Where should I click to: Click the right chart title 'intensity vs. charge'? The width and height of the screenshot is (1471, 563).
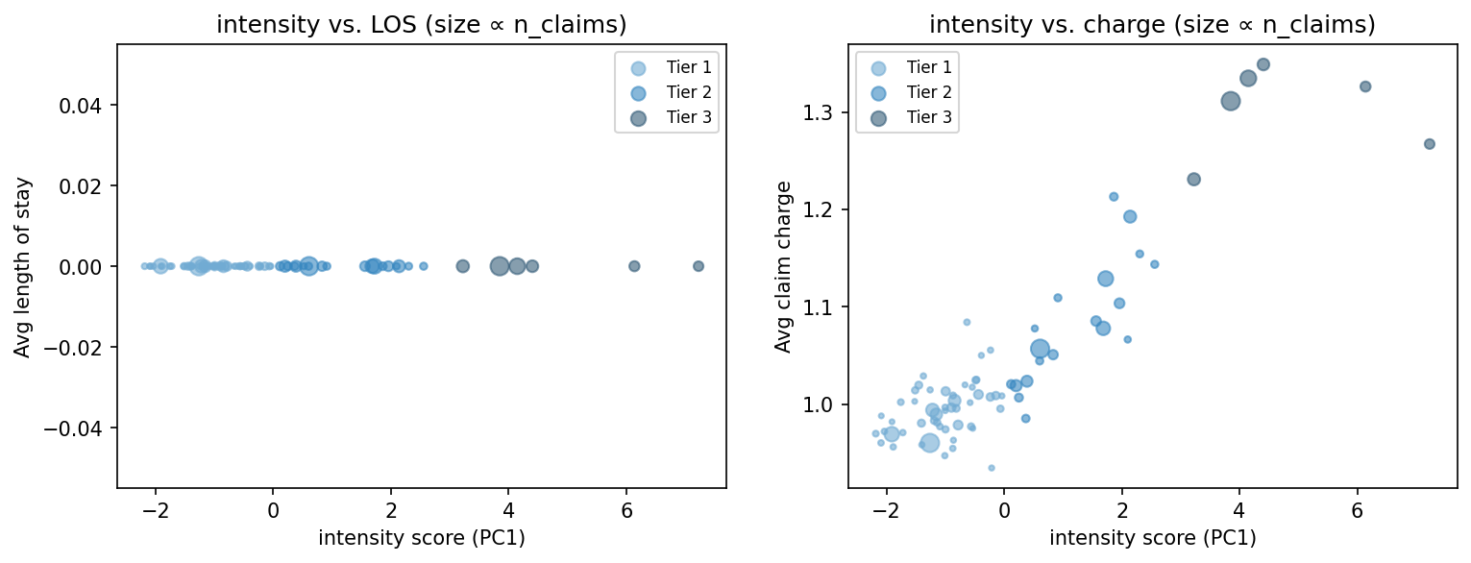[1152, 26]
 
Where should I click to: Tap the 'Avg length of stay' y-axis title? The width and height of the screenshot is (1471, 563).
[22, 266]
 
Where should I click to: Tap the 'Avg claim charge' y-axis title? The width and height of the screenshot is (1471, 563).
[784, 266]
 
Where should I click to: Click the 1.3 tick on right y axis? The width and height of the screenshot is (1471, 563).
[824, 113]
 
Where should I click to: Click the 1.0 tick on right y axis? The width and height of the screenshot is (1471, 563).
[824, 404]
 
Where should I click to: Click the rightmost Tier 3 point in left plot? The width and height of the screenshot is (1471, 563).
[699, 266]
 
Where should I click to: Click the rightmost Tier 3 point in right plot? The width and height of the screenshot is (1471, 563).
[1430, 144]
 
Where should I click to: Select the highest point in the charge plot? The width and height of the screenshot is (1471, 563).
[1263, 64]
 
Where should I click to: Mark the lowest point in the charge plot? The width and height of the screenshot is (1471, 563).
[992, 468]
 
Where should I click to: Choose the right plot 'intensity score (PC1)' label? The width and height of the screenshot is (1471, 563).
[1152, 538]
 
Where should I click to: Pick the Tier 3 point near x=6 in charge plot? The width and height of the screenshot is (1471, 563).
[1365, 86]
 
